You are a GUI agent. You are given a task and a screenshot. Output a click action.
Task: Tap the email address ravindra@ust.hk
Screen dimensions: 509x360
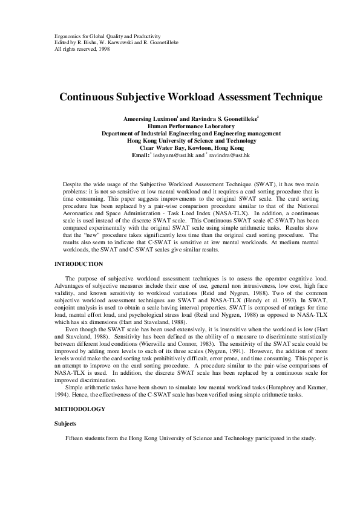(x=230, y=155)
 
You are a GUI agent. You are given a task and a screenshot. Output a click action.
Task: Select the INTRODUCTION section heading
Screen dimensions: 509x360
(x=78, y=264)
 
